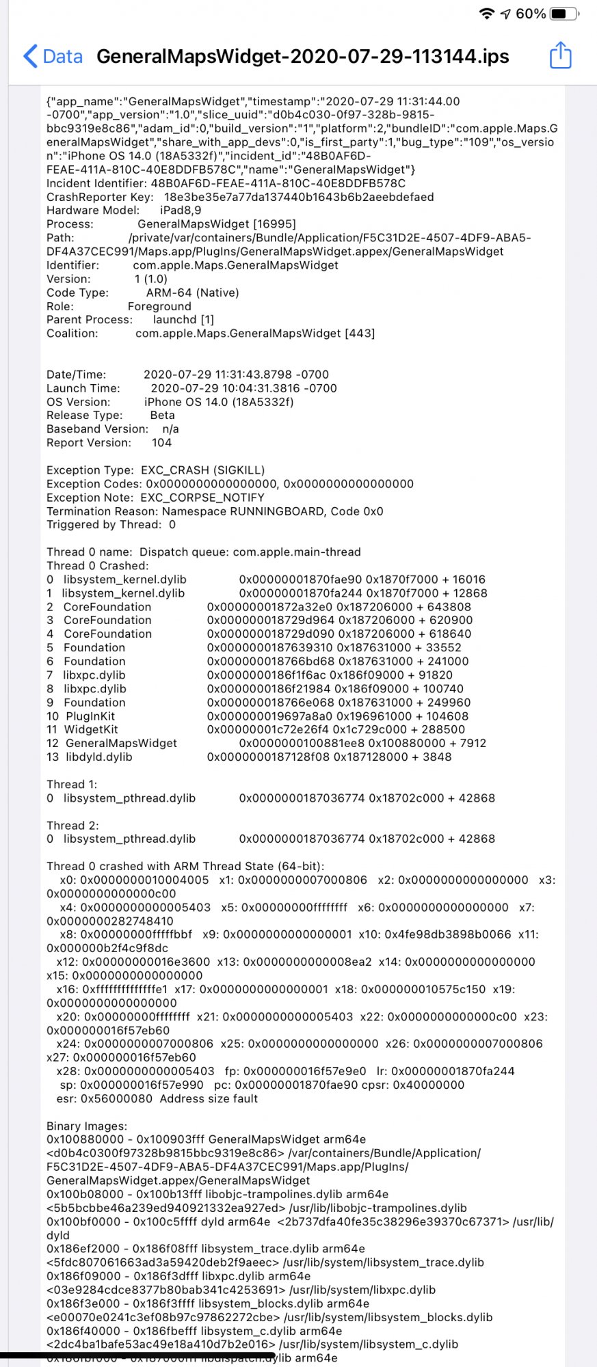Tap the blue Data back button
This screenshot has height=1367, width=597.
[x=53, y=56]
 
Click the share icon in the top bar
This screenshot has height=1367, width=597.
[x=560, y=55]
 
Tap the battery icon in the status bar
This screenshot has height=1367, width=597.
[x=563, y=14]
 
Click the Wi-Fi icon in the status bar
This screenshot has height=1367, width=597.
[x=486, y=14]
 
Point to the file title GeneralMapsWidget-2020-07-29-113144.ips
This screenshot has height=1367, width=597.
[x=302, y=56]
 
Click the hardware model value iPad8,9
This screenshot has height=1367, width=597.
[x=181, y=211]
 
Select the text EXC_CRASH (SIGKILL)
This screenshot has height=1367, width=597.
[x=202, y=470]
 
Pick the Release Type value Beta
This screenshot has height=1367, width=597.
[x=162, y=416]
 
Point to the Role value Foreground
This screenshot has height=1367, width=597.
[x=159, y=306]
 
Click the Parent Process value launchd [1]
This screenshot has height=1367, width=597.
[x=183, y=320]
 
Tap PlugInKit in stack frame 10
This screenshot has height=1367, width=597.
[x=90, y=716]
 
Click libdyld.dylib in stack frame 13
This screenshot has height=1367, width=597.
[x=99, y=757]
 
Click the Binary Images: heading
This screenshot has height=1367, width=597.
[x=87, y=1126]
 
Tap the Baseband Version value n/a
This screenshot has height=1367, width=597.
[x=170, y=429]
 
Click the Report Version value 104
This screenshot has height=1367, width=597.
[x=161, y=443]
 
